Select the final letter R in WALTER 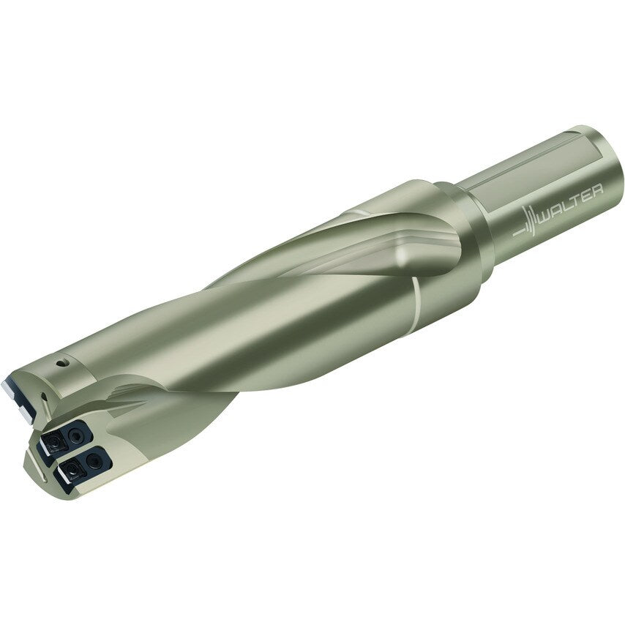597,191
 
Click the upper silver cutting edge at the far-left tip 16,386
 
